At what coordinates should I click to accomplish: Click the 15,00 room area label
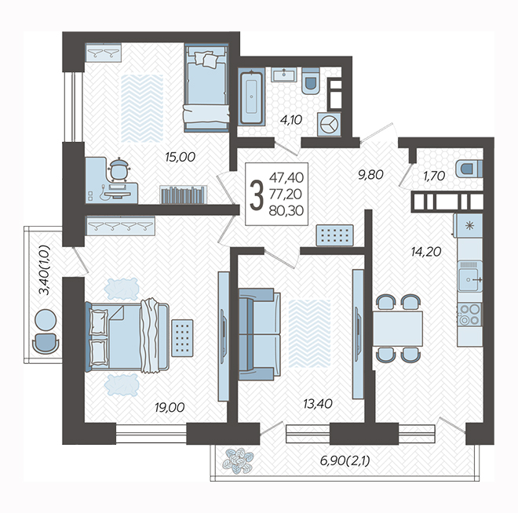coord(180,157)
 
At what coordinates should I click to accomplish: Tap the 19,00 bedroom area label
coord(170,408)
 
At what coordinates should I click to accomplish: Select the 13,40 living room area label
coord(318,404)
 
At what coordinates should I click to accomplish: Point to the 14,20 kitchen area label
coord(426,253)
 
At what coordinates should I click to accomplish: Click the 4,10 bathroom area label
coord(291,120)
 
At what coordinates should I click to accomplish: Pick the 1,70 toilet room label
coord(434,176)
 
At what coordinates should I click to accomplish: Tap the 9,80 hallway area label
coord(370,174)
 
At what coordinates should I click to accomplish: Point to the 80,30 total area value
coord(286,211)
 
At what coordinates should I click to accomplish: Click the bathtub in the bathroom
coord(252,97)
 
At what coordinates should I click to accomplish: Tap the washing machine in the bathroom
coord(329,125)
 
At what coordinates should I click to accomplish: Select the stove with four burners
coord(470,315)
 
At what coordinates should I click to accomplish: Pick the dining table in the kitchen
coord(398,329)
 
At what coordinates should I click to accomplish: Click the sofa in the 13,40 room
coord(259,334)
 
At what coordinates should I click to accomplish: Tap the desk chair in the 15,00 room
coord(119,170)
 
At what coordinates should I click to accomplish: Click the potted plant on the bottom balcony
coord(238,460)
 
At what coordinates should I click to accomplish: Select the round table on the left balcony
coord(46,320)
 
